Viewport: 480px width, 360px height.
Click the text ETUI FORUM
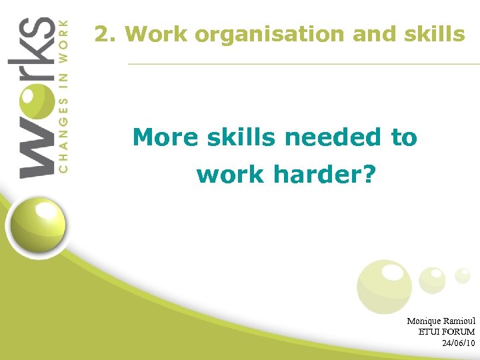click(446, 331)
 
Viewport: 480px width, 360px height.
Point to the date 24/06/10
click(458, 343)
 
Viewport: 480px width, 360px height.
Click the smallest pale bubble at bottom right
click(462, 275)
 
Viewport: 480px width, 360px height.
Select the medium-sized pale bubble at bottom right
click(432, 279)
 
